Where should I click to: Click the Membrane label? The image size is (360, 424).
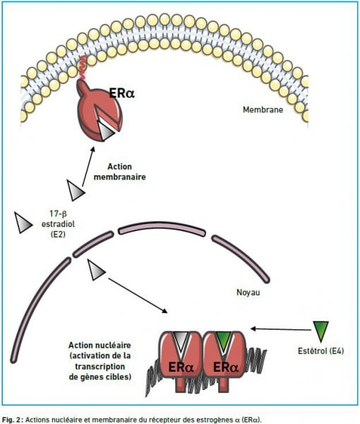click(x=263, y=110)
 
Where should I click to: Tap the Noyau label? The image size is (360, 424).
click(x=248, y=293)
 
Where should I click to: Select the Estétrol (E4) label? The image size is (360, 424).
click(x=321, y=351)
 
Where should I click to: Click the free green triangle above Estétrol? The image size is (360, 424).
click(x=321, y=331)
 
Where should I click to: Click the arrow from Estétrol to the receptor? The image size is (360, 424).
click(x=281, y=329)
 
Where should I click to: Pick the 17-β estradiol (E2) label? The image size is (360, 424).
click(x=58, y=224)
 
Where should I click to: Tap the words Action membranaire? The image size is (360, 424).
click(x=119, y=172)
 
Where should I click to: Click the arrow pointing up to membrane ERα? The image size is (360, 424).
click(x=88, y=167)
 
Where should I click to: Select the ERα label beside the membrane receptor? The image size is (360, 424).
click(x=121, y=93)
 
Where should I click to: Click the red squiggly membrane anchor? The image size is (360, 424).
click(x=83, y=67)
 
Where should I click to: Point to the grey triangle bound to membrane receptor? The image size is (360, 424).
click(x=107, y=131)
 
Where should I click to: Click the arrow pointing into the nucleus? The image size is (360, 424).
click(x=138, y=295)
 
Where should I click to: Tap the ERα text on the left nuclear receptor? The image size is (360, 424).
click(x=181, y=367)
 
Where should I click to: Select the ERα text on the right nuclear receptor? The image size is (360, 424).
click(x=226, y=367)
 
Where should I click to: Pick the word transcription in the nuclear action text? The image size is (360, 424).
click(x=100, y=366)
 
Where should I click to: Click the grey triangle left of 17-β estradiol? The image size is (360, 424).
click(x=23, y=223)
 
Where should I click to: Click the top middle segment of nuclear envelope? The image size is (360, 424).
click(x=161, y=229)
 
